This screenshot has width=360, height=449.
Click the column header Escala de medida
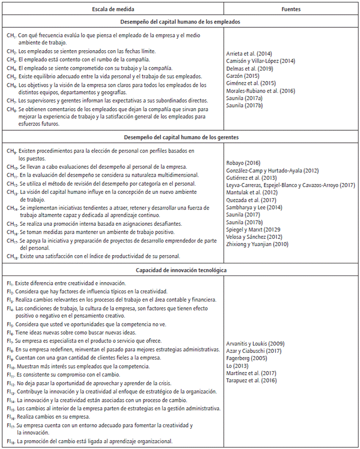click(x=113, y=8)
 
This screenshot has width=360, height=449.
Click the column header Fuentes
click(x=291, y=8)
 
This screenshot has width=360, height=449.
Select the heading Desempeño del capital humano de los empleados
click(x=179, y=22)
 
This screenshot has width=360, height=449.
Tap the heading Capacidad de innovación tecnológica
click(x=179, y=271)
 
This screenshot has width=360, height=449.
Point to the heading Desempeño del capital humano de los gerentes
click(x=179, y=138)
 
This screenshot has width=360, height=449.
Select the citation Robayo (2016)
click(x=243, y=163)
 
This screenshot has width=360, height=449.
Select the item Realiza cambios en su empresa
click(x=57, y=418)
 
